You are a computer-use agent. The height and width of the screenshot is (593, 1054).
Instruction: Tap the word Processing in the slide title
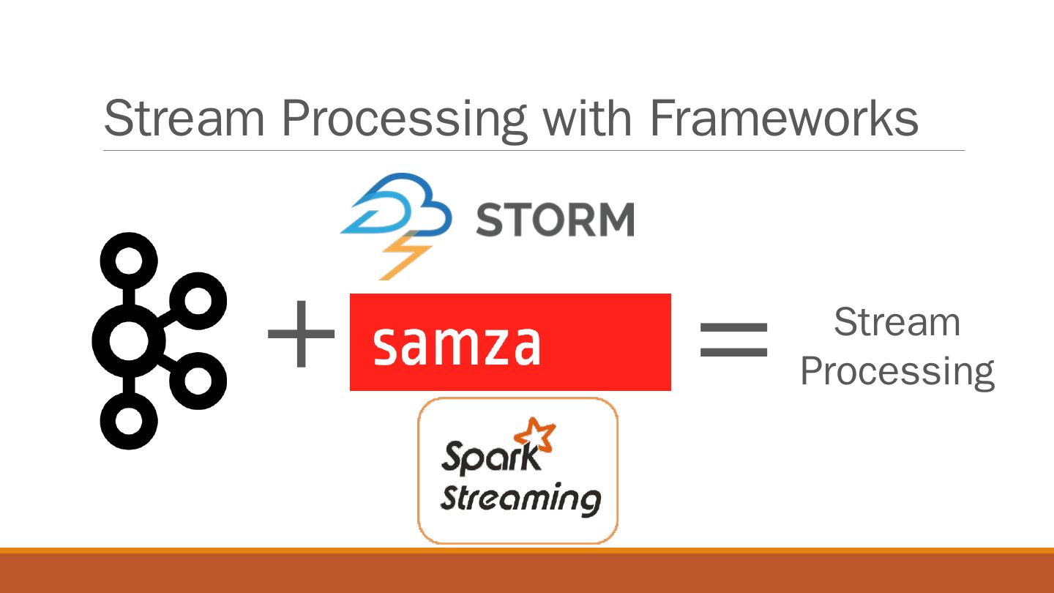[403, 119]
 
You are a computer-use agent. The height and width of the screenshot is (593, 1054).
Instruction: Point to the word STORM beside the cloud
[555, 219]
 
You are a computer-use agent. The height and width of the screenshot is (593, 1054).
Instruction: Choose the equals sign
[733, 340]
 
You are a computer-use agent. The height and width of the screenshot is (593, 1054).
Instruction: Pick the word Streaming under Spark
[520, 499]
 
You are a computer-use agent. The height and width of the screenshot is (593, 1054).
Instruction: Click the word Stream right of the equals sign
[897, 322]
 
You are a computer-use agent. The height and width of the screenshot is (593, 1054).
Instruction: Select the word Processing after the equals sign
[897, 372]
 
